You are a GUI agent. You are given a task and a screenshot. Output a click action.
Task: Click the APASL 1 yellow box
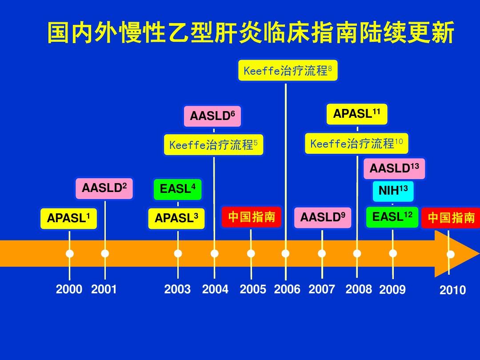tap(68, 219)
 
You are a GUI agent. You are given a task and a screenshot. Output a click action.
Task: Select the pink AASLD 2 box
tap(104, 188)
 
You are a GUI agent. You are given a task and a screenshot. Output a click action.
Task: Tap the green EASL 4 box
tap(177, 189)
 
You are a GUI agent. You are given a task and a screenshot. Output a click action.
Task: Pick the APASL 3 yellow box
tap(176, 219)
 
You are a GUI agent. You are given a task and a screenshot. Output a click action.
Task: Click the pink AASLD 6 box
tap(212, 116)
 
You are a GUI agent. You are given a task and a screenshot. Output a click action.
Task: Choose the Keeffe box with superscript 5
tap(213, 145)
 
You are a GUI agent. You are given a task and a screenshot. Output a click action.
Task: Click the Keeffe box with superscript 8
tap(288, 71)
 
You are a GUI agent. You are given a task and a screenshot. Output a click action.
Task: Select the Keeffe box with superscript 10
tap(356, 143)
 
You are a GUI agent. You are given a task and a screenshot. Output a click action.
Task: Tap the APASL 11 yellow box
tap(357, 114)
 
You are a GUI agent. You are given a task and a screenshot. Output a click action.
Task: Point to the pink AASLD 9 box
tap(323, 218)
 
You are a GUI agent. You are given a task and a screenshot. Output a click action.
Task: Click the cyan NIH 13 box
tap(393, 191)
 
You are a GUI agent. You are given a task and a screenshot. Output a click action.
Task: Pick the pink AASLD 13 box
tap(394, 169)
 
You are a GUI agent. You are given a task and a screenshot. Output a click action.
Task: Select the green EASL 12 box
tap(392, 217)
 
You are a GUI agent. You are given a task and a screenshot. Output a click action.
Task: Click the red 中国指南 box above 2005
tap(251, 217)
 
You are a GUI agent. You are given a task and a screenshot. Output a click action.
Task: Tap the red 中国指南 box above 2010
tap(451, 218)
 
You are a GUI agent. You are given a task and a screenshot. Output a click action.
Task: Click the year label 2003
tap(177, 289)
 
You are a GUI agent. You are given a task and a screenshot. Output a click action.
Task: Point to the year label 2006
tap(287, 289)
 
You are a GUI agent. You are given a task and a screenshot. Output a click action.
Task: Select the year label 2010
tap(453, 290)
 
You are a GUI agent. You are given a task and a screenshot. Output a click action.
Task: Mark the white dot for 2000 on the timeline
tap(70, 254)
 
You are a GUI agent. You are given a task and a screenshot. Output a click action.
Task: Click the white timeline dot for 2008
tap(357, 253)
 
